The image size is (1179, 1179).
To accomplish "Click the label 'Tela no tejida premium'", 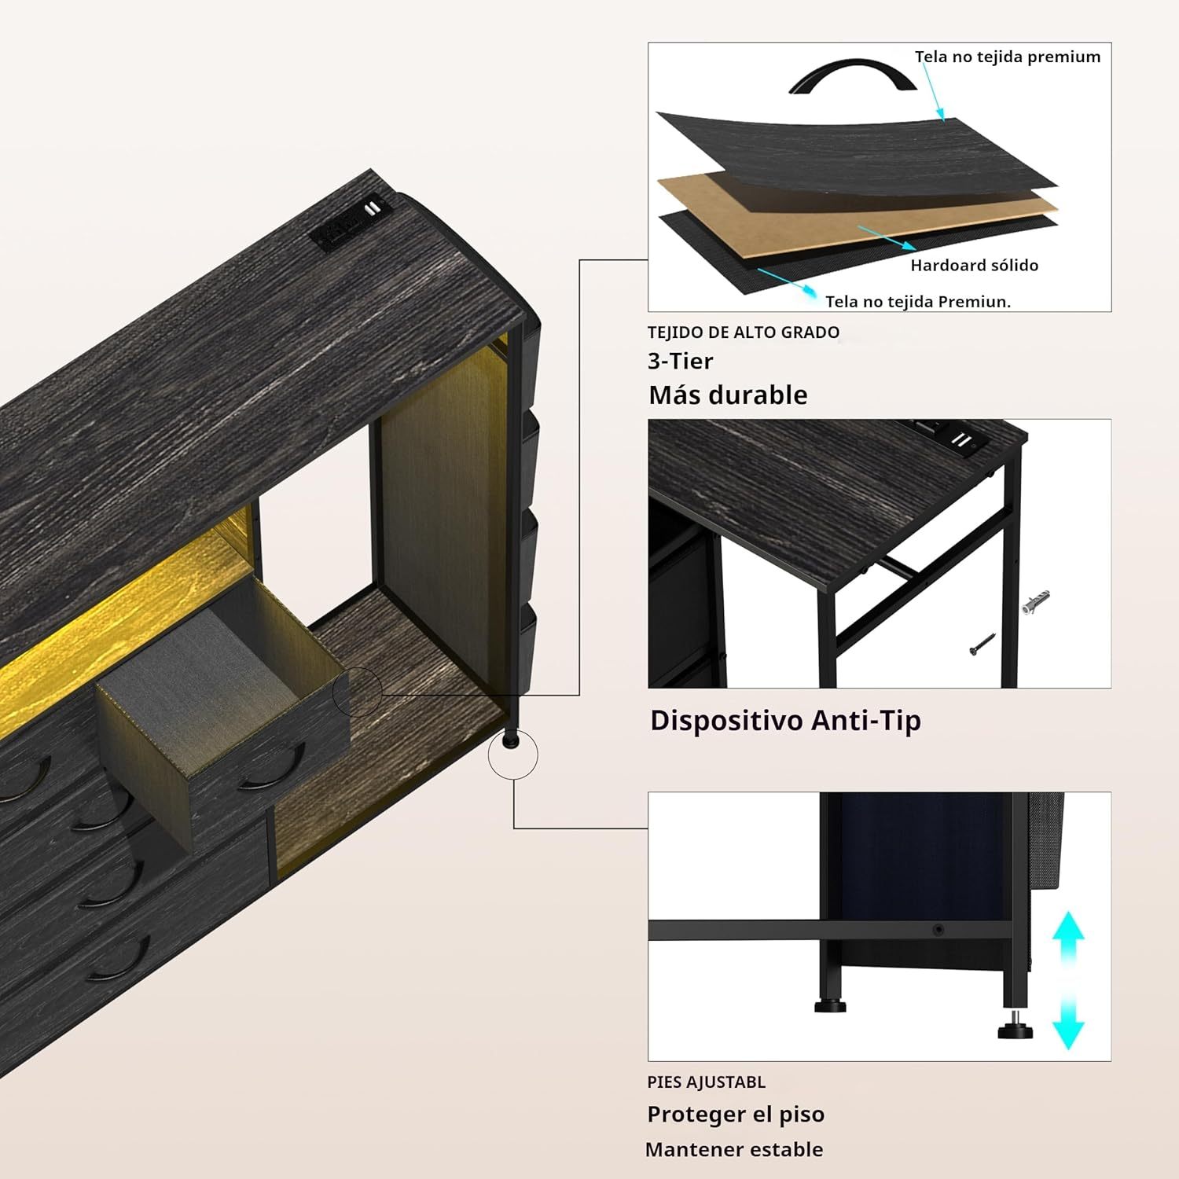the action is (1008, 57).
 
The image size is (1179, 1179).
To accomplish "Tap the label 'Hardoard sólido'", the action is (975, 266).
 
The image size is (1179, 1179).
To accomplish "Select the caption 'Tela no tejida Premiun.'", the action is (918, 302).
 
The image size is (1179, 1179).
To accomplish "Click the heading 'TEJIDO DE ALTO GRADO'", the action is (744, 332).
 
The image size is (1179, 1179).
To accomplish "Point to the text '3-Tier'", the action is (680, 361).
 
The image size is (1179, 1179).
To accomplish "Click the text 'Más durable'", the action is (728, 395).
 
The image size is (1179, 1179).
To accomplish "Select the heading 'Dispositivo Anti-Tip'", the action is (785, 721).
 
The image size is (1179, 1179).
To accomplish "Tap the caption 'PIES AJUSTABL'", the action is (706, 1082).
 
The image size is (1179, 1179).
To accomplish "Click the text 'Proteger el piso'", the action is (736, 1115).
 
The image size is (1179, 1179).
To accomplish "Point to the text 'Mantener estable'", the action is (734, 1150).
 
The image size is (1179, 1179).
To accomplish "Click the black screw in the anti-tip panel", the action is (982, 644).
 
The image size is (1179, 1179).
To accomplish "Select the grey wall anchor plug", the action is (1036, 602).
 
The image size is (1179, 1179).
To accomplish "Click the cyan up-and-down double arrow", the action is (1068, 979).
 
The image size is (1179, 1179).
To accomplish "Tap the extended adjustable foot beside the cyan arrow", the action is (1015, 1027).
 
